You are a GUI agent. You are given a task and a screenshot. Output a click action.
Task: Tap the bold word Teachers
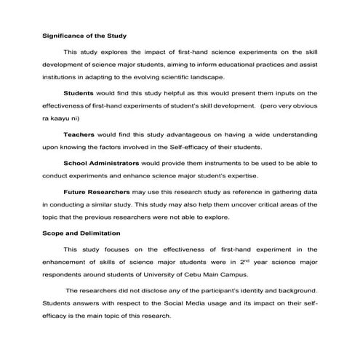pyautogui.click(x=79, y=135)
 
